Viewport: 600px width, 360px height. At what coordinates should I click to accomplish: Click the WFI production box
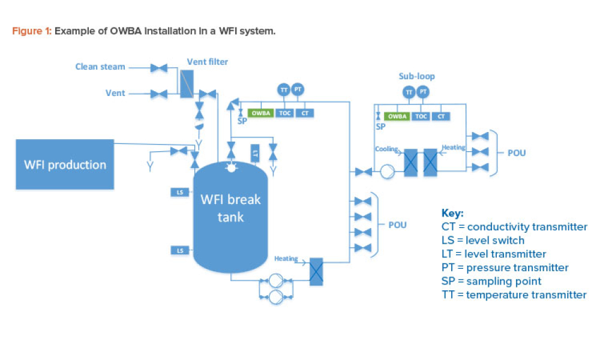tap(65, 164)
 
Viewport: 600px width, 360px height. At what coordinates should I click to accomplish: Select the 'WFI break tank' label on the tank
tap(231, 207)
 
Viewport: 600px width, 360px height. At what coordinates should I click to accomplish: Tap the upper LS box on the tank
tap(180, 193)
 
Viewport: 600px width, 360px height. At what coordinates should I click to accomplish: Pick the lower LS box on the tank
tap(180, 250)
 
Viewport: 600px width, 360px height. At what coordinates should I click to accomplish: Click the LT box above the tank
tap(255, 153)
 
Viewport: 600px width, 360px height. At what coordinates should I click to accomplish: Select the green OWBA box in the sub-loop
tap(397, 116)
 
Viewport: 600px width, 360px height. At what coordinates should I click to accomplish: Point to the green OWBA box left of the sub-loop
tap(260, 113)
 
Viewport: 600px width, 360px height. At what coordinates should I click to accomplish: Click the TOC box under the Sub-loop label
tap(422, 116)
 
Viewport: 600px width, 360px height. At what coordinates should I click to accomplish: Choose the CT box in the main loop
tap(304, 113)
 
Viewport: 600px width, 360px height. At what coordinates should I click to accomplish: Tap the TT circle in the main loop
tap(283, 90)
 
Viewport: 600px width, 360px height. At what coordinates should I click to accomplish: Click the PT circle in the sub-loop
tap(424, 92)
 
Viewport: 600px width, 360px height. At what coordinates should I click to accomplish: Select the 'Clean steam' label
tap(100, 67)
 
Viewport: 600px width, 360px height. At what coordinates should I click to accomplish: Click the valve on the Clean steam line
tap(159, 68)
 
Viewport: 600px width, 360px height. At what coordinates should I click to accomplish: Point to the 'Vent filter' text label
tap(208, 61)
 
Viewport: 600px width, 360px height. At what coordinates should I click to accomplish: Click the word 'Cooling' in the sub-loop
tap(386, 148)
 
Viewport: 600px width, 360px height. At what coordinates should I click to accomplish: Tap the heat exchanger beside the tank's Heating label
tap(316, 271)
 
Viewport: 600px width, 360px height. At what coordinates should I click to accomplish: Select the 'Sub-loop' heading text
tap(416, 77)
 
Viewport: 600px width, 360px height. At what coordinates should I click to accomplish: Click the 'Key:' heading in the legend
tap(452, 213)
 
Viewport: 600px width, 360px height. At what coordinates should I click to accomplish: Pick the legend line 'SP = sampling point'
tap(491, 281)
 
